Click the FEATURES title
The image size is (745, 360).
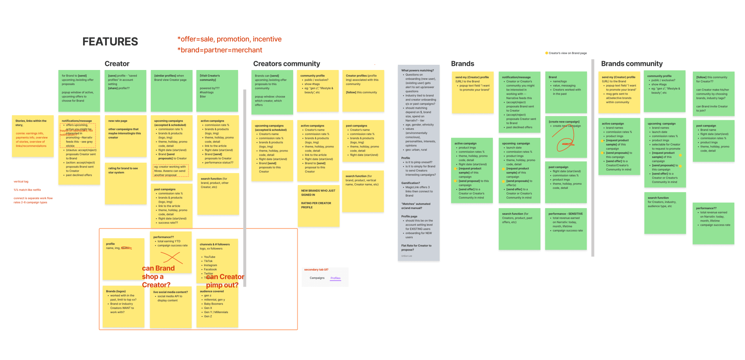(x=110, y=42)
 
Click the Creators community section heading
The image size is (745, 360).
(x=286, y=64)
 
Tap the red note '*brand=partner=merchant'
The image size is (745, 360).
(x=220, y=50)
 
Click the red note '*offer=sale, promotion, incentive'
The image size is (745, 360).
(x=229, y=39)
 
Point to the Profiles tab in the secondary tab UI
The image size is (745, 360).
(x=335, y=278)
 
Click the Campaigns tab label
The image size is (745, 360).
(x=317, y=278)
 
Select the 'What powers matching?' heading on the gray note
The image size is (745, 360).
(x=418, y=70)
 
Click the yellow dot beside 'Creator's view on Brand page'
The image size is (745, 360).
(x=546, y=53)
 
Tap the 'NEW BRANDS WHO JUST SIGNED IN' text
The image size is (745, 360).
(x=318, y=192)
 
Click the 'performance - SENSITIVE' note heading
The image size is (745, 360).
(x=565, y=214)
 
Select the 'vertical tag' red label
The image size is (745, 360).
(x=21, y=182)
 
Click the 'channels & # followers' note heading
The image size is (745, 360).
(x=215, y=245)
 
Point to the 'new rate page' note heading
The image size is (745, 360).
(x=118, y=121)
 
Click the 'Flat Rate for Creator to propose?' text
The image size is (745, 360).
(x=416, y=248)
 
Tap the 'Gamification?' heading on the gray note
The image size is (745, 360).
(x=410, y=183)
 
